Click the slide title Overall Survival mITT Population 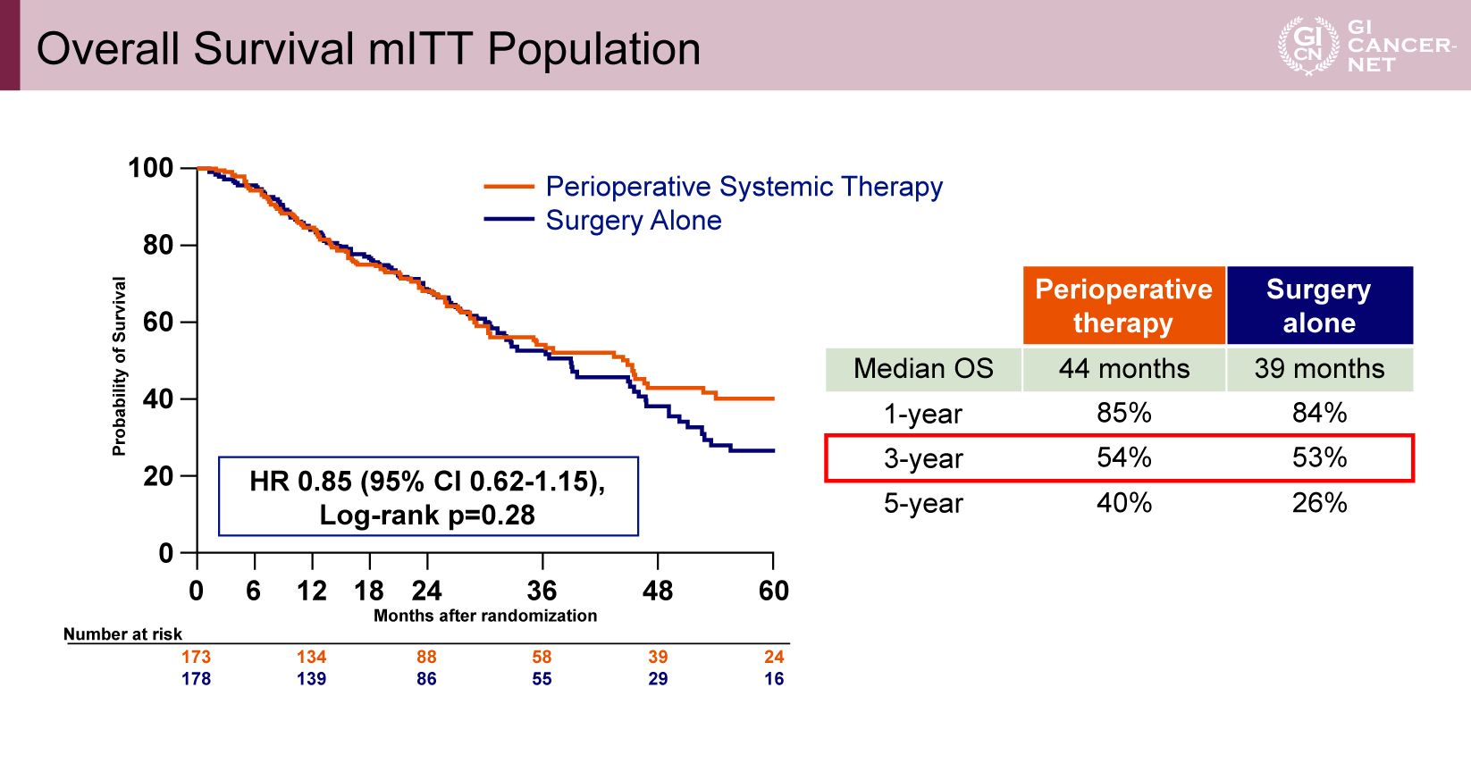(368, 48)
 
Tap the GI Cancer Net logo (1366, 46)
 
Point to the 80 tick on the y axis (158, 245)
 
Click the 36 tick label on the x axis (542, 591)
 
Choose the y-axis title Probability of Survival (119, 366)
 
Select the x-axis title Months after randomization (485, 616)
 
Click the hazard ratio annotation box (428, 497)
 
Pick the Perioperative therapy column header (1123, 306)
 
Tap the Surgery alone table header (1319, 306)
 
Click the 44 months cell (1124, 369)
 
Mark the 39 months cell (1319, 369)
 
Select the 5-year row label (923, 504)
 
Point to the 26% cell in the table (1319, 503)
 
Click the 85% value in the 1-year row (1124, 413)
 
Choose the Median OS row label (923, 369)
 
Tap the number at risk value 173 (196, 657)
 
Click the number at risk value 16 (774, 679)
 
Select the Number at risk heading (122, 634)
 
